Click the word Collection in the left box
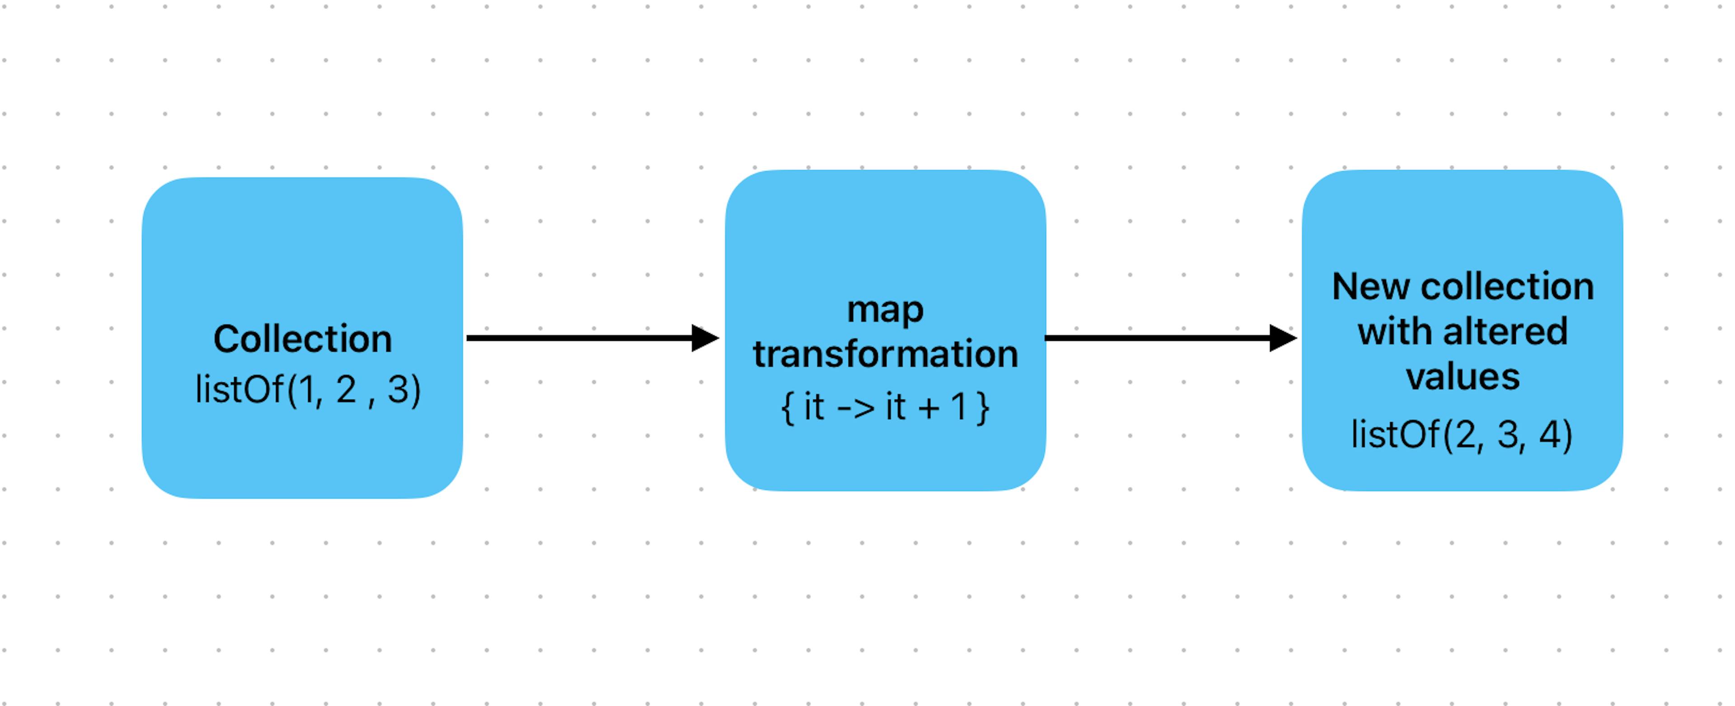click(x=302, y=339)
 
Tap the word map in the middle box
click(x=885, y=311)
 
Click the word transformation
click(x=885, y=354)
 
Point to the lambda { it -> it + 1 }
click(x=885, y=407)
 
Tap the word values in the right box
click(x=1462, y=377)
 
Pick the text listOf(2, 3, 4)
click(x=1462, y=434)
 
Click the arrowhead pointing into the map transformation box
click(x=704, y=338)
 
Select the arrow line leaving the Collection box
click(x=579, y=338)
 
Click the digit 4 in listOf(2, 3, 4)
click(x=1551, y=434)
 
